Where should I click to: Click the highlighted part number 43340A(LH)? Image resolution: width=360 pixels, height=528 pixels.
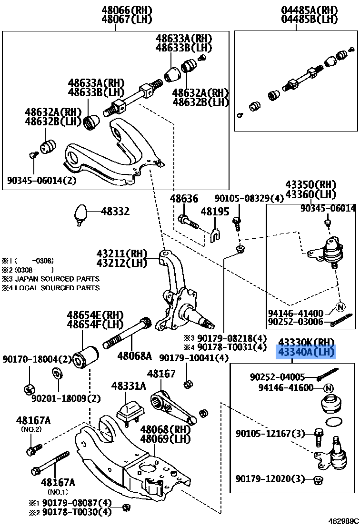tap(307, 352)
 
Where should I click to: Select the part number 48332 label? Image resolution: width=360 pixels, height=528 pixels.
tap(115, 211)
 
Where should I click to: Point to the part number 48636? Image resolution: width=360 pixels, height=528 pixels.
tap(184, 199)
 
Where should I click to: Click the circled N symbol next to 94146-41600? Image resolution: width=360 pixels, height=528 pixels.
tap(329, 388)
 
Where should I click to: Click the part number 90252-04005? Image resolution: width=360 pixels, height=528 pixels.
tap(277, 377)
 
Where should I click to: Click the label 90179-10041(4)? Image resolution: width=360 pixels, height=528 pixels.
tap(194, 357)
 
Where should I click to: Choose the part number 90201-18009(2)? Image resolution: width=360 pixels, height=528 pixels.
tap(66, 398)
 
